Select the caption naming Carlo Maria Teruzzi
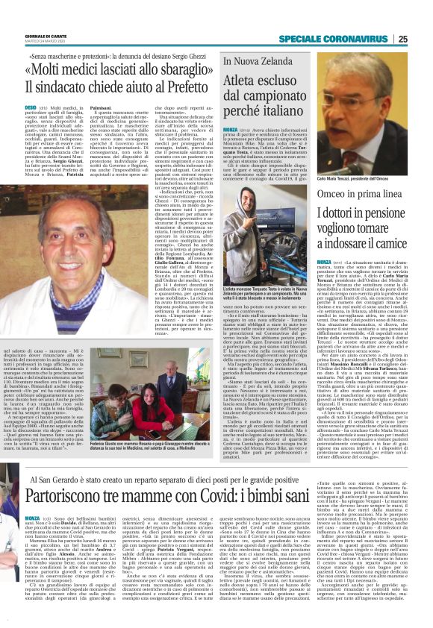(x=357, y=179)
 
